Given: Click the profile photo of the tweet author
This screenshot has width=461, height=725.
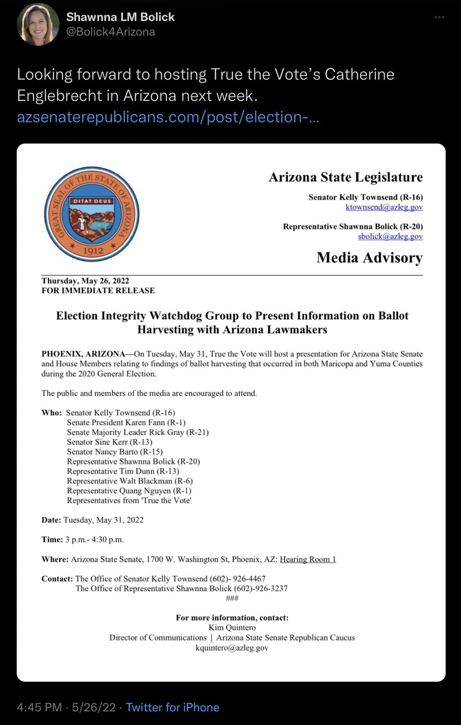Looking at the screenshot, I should (38, 24).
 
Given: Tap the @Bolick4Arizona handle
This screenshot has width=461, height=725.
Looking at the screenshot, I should (111, 32).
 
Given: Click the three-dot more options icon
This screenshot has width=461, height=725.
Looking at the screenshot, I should (439, 17).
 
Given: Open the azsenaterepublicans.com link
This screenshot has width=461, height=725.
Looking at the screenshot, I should (168, 117).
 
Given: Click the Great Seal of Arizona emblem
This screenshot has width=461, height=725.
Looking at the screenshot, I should (92, 214).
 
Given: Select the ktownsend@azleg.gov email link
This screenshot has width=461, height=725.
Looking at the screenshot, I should (384, 207).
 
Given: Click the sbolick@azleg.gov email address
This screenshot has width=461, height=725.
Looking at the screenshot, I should (390, 236).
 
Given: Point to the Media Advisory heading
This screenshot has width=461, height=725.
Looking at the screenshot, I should (369, 257).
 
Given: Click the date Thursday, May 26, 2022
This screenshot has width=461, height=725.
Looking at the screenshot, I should (86, 281).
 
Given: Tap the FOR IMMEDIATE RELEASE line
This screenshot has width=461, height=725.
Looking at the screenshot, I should (98, 291).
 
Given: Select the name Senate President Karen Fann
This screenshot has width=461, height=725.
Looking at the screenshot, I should (126, 422).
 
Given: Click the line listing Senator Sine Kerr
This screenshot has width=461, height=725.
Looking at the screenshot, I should (110, 442).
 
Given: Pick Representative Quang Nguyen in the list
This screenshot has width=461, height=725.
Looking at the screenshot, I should (129, 491).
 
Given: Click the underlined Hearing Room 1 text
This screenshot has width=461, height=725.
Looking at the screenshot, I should (308, 559).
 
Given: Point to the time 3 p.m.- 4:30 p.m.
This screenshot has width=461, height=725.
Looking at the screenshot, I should (94, 540).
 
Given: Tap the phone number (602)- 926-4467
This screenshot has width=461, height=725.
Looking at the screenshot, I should (238, 578).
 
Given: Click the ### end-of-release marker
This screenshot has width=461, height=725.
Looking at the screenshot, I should (232, 598).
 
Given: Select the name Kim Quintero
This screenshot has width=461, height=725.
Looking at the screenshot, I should (232, 628).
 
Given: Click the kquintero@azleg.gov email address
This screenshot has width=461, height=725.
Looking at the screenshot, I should (232, 648).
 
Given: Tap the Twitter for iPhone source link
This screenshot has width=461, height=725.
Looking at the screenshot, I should (173, 707).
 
